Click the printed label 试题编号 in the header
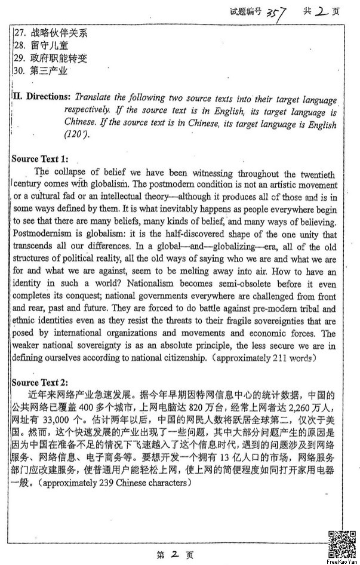click(x=245, y=11)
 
